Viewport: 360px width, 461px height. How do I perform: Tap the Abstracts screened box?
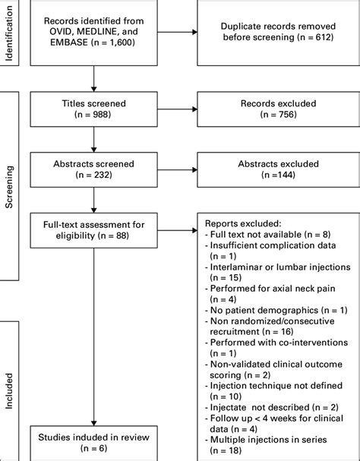[93, 169]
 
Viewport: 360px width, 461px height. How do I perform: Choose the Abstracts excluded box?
[276, 169]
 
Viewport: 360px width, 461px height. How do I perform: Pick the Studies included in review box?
[93, 441]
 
